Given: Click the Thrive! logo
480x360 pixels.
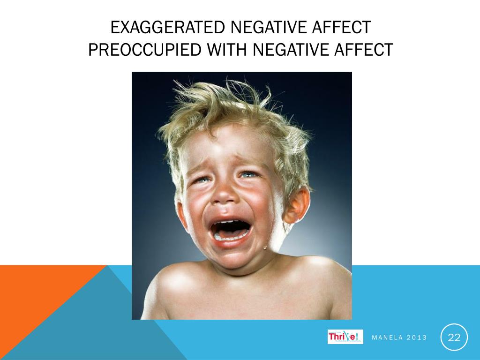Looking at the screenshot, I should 345,337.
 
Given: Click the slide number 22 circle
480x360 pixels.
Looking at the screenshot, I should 454,337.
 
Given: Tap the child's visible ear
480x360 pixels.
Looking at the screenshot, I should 298,204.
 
